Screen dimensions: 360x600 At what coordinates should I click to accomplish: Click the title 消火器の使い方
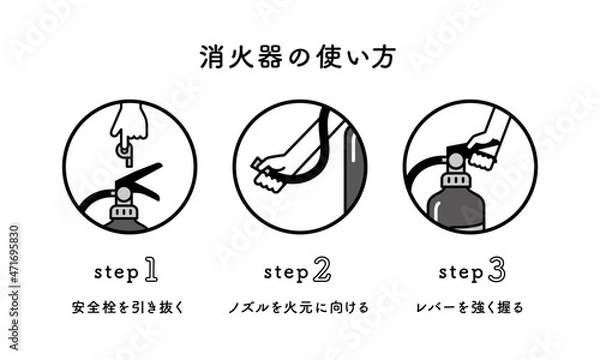[x=300, y=56]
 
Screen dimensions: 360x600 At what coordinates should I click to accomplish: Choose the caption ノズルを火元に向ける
[x=299, y=306]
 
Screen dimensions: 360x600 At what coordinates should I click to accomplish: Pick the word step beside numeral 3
[x=458, y=271]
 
